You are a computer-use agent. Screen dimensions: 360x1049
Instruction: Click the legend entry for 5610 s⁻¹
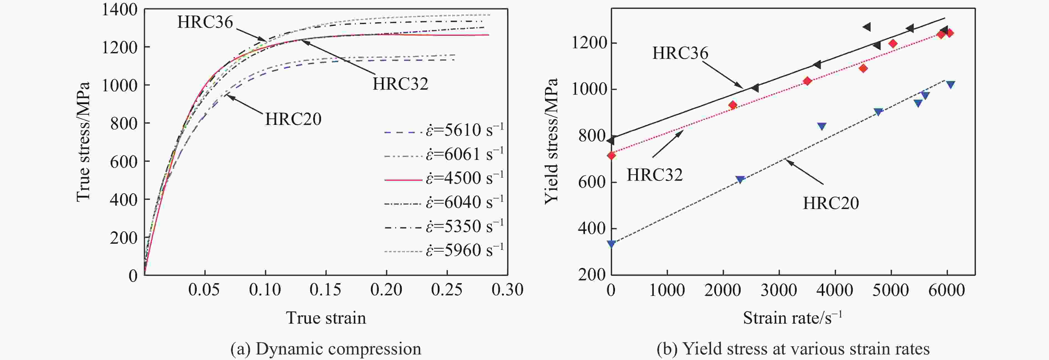pos(444,131)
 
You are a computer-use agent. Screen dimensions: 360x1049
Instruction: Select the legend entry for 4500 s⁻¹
pos(444,179)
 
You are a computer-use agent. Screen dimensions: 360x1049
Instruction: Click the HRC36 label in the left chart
pos(205,22)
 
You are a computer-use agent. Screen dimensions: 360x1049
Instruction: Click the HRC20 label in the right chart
pos(831,203)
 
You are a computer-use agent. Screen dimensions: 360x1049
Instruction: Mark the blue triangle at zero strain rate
pos(611,243)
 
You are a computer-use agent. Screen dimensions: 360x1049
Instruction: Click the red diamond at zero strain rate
pos(611,155)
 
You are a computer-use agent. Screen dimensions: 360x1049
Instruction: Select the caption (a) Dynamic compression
pos(326,349)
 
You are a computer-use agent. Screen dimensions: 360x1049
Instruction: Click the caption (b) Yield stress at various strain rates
pos(793,349)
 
